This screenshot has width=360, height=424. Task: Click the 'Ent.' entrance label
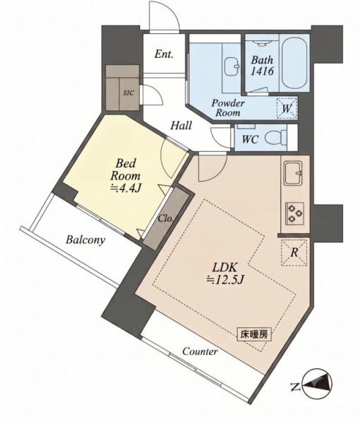point(164,54)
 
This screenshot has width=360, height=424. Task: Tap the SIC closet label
point(128,93)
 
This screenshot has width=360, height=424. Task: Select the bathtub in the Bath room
point(294,64)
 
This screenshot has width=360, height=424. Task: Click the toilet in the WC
point(275,138)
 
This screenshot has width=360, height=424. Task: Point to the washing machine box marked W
point(287,108)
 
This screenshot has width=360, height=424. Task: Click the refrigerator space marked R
point(294,252)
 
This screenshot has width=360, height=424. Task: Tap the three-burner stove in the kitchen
point(294,213)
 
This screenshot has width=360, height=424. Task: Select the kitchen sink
point(292,173)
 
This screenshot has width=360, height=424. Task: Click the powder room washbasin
point(232,66)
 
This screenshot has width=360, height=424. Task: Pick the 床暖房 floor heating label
point(254,335)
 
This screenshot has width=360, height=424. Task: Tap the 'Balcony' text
point(85,240)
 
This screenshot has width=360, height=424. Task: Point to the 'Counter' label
point(200,351)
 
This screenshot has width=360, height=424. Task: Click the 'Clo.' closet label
point(165,218)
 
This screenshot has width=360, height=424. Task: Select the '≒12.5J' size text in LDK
point(225,280)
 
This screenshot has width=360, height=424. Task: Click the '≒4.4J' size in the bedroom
point(126,189)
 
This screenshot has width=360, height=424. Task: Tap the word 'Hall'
point(181,126)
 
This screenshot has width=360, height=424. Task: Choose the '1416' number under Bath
point(263,71)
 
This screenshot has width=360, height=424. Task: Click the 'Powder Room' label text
point(228,107)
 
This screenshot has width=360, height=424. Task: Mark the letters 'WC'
point(250,139)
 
